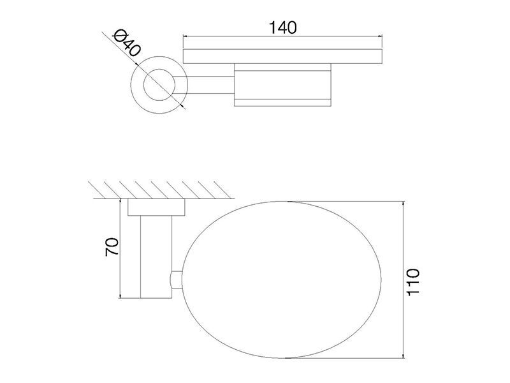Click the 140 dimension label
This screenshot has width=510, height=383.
(x=282, y=27)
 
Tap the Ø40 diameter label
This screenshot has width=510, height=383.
(x=127, y=43)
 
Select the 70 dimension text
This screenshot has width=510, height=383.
(x=112, y=247)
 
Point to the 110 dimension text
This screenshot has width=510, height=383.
(x=413, y=282)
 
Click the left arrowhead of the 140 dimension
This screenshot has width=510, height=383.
(x=185, y=36)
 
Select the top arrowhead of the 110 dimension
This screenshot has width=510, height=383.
(x=404, y=203)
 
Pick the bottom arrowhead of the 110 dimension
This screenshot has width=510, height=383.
(x=404, y=356)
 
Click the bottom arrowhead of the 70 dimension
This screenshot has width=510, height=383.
(x=120, y=296)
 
